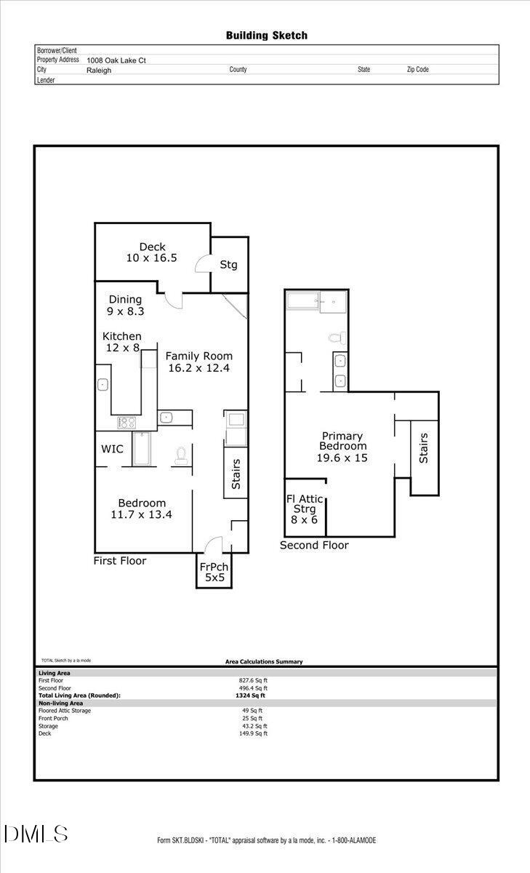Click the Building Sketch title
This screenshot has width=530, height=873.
coord(266,35)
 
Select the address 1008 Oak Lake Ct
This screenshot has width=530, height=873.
coord(116,60)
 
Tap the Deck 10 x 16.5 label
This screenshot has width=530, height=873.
coord(152,252)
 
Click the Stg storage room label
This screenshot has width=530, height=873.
coord(228,265)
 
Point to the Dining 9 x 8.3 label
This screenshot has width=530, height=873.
coord(125,305)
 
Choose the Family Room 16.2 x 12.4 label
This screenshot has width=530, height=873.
coord(198,362)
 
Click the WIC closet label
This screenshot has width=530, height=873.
coord(112,449)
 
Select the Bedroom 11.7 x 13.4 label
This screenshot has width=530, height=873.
coord(142,509)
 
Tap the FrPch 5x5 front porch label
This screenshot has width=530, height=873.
coord(214,572)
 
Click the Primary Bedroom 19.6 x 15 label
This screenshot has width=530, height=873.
coord(342,447)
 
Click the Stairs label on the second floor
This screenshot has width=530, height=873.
coord(423,448)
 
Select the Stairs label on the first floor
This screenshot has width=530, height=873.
coord(236,474)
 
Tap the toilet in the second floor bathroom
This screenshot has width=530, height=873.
coord(336,337)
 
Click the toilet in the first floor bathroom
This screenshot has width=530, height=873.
coord(180,455)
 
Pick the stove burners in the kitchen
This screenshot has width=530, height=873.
coord(127,421)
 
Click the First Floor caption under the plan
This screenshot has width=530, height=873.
coord(120,561)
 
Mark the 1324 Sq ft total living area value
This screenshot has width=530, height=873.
coord(246,695)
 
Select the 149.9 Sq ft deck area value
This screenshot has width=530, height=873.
coord(254,733)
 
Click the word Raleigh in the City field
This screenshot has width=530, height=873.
coord(99,70)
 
